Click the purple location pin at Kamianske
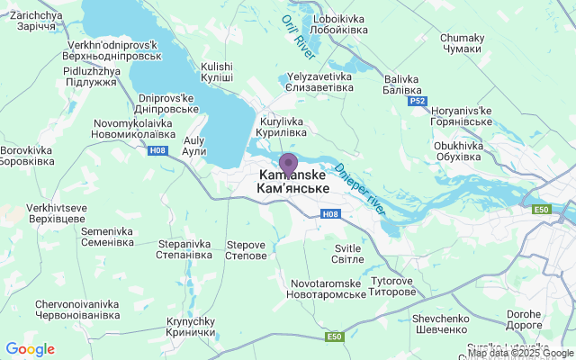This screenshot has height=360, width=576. pos(288,164)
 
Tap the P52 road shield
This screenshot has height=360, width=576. pos(417,101)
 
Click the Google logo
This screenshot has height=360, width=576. pos(30,349)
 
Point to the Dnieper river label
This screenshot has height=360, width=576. pos(361,189)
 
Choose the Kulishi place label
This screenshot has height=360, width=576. pos(217,72)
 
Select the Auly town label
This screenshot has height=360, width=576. pos(194,146)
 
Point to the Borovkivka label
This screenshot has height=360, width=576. pos(28,156)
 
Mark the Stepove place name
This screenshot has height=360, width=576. pos(246,249)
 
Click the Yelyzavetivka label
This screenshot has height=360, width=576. pos(320,83)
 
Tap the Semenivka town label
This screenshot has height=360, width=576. pos(107,237)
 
